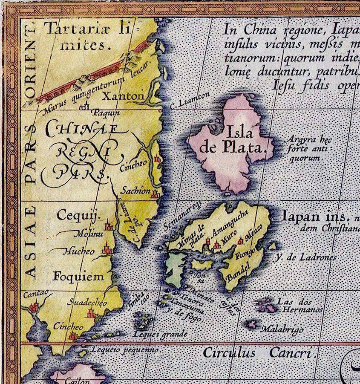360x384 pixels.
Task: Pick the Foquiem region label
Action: pos(78,276)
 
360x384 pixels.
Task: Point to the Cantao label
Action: pos(36,294)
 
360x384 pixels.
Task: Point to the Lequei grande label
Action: pos(160,334)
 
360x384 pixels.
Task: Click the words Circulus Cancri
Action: pos(258,353)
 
